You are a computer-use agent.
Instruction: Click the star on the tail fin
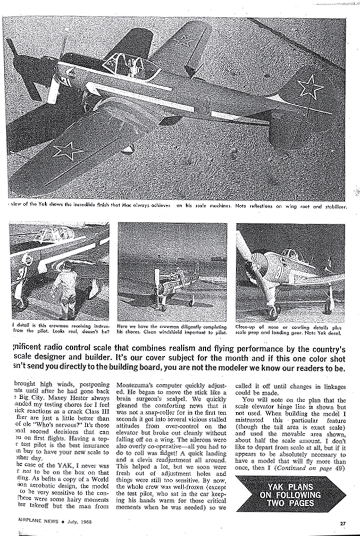[309, 86]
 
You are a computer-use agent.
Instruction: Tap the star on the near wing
[68, 150]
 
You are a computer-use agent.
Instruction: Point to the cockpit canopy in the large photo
[129, 65]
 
